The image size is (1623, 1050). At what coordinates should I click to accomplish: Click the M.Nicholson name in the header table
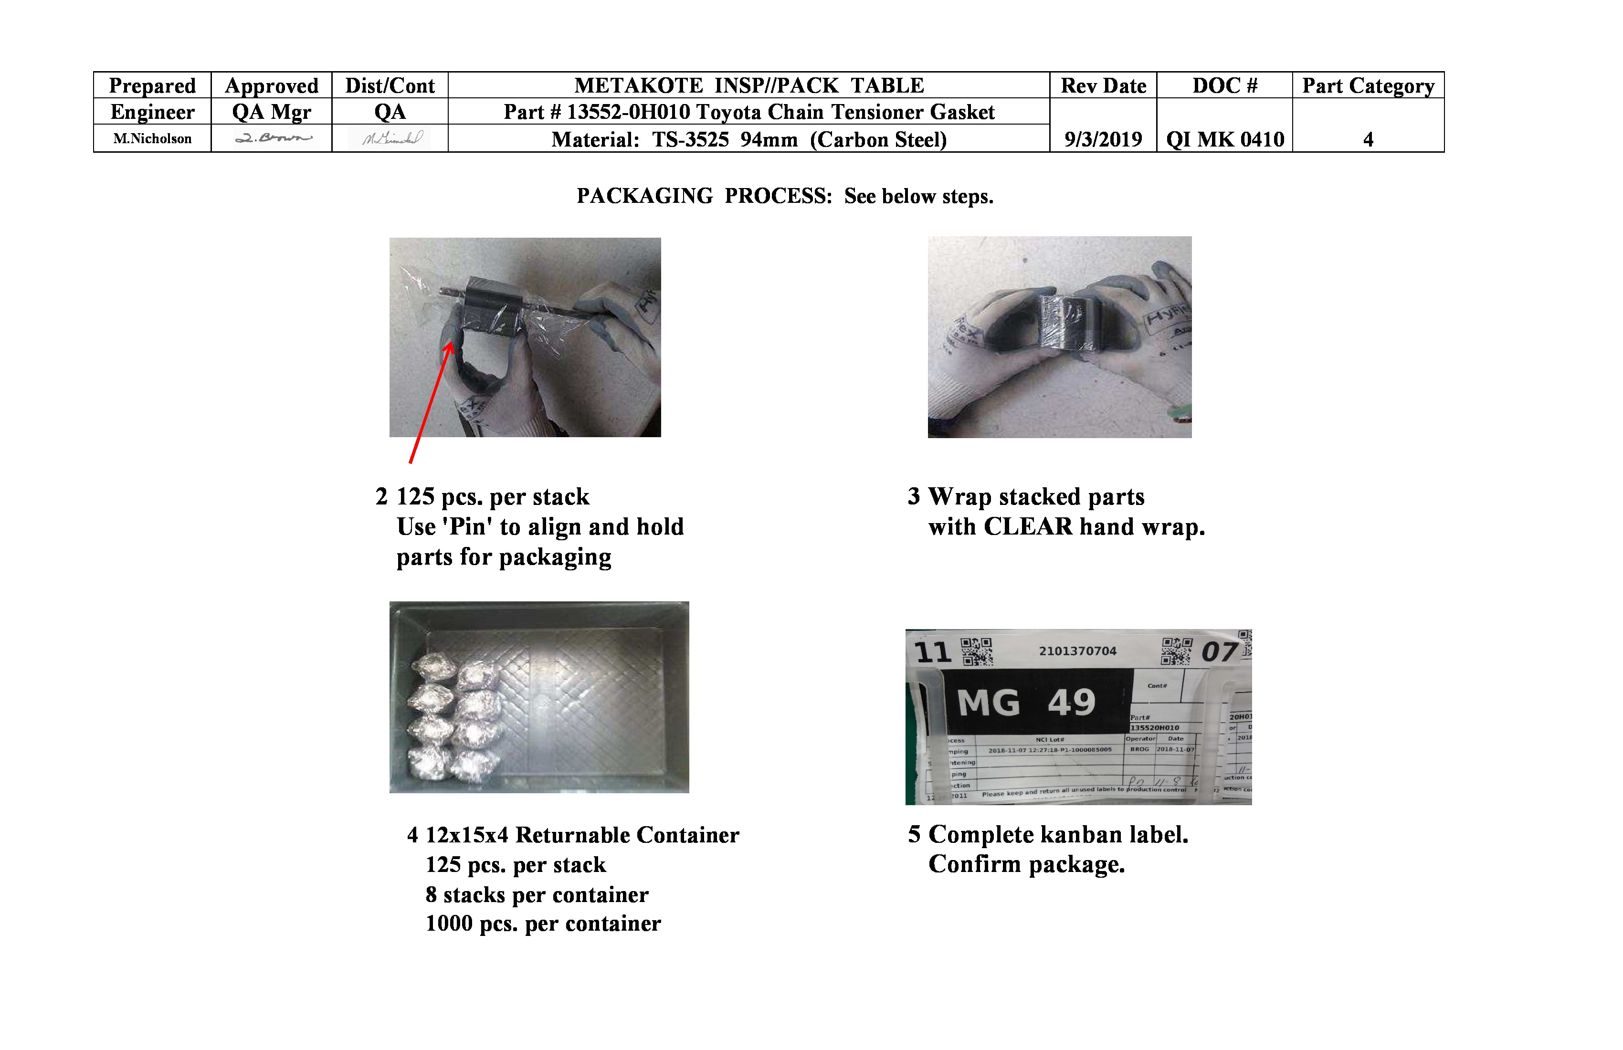point(152,139)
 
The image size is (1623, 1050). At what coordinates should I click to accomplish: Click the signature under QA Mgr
point(273,138)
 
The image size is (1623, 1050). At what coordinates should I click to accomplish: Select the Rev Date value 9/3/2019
point(1103,140)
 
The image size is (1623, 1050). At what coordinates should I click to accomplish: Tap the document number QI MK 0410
point(1225,140)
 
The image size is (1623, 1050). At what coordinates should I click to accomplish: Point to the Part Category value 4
point(1368,140)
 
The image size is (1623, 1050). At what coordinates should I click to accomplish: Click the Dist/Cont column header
point(390,86)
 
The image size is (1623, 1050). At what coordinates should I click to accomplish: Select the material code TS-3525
point(690,140)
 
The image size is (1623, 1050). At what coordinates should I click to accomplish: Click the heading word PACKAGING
point(644,196)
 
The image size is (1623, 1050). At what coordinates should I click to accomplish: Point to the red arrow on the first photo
point(430,402)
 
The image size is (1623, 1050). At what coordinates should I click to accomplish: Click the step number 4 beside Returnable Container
point(412,835)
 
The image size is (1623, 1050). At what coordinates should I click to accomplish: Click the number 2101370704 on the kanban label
point(1077,651)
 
